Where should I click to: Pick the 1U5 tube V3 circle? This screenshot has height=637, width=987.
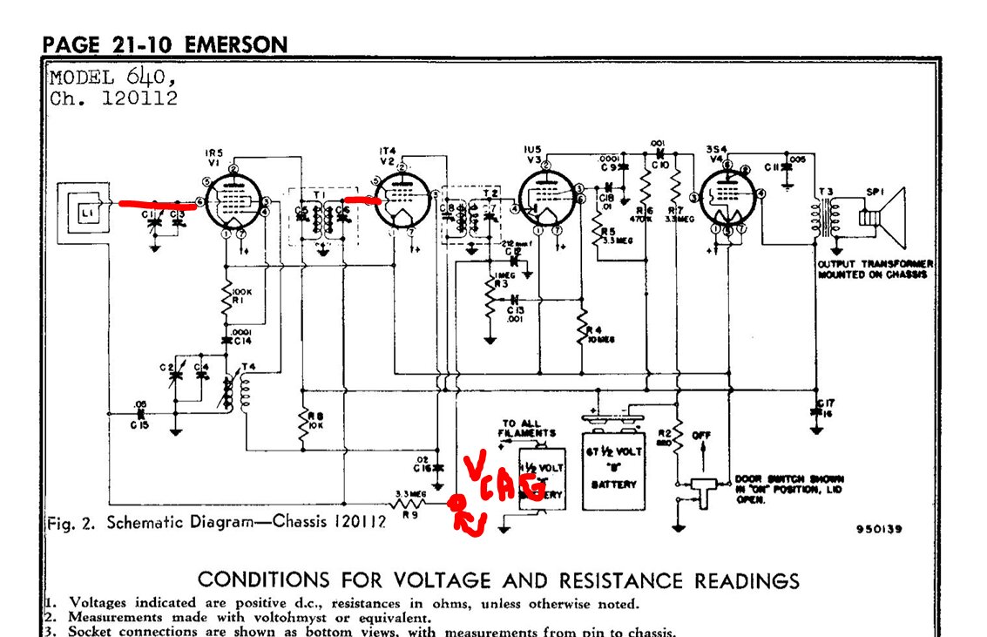[545, 200]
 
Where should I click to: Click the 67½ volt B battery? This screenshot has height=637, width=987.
[613, 462]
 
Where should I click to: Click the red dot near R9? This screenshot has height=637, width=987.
[455, 505]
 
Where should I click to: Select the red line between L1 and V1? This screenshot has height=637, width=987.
[156, 205]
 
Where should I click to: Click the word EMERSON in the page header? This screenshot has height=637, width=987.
[234, 44]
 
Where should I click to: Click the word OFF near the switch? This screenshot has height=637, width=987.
[702, 433]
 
